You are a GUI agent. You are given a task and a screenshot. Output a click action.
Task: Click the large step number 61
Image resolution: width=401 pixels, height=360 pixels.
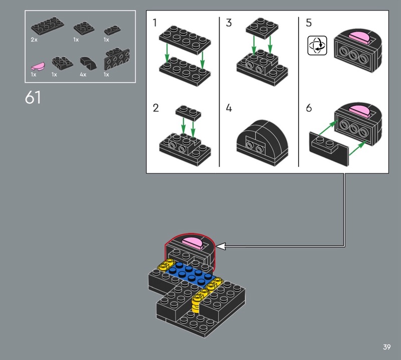click(x=33, y=97)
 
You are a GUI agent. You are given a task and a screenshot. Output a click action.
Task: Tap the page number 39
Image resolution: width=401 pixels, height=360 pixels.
click(x=386, y=347)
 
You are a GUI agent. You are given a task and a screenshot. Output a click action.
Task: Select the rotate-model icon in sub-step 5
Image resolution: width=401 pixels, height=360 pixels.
click(x=317, y=46)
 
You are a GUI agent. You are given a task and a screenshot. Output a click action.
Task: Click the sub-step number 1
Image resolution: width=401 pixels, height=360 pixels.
click(x=155, y=23)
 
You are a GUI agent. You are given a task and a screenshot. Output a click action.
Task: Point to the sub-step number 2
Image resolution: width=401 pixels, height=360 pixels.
click(x=156, y=108)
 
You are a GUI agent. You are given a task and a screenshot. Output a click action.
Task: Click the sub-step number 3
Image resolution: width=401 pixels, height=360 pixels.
click(x=229, y=23)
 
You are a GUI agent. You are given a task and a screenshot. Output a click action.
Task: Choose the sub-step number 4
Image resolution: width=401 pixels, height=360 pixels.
click(x=229, y=108)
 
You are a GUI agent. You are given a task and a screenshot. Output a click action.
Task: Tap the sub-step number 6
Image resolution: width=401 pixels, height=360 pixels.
click(x=309, y=108)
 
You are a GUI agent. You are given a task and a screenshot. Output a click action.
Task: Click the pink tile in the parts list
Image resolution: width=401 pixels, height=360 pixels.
click(x=38, y=66)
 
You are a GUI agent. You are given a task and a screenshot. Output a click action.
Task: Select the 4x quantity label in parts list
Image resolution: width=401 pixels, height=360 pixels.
click(x=83, y=74)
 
